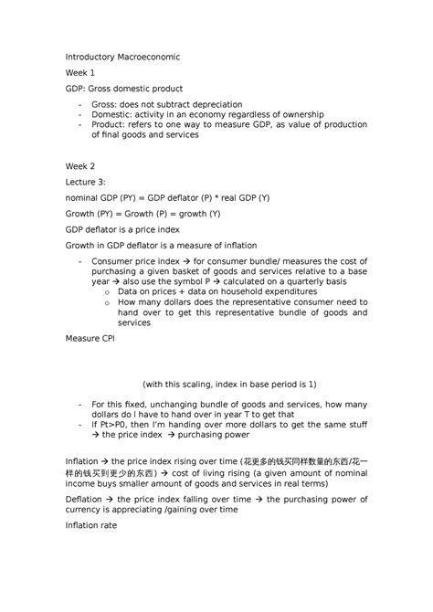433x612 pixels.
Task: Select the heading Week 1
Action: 79,73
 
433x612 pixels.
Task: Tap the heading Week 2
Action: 79,166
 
